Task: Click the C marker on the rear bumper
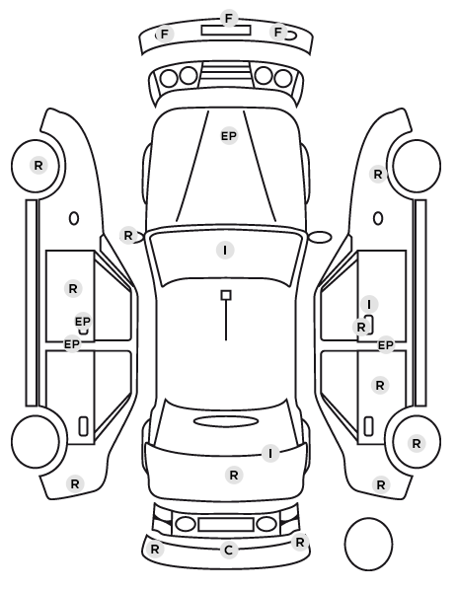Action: click(229, 551)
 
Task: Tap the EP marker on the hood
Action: click(229, 136)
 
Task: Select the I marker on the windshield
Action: click(225, 251)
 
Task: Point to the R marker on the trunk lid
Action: click(234, 476)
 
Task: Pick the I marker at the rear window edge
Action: click(270, 454)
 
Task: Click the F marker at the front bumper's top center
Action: click(229, 18)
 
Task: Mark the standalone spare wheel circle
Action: click(368, 544)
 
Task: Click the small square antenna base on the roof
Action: click(226, 295)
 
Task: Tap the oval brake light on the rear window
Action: click(226, 421)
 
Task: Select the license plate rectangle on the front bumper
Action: click(226, 31)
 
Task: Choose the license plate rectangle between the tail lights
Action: click(226, 525)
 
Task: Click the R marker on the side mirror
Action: click(128, 236)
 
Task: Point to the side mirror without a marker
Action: click(320, 237)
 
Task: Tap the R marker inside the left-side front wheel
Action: click(38, 165)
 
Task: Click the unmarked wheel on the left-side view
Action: click(36, 441)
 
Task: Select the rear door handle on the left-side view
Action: click(83, 426)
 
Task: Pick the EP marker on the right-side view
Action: click(386, 345)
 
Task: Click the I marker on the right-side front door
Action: click(369, 304)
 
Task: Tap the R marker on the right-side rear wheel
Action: click(417, 444)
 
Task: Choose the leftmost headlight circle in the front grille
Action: click(169, 78)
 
